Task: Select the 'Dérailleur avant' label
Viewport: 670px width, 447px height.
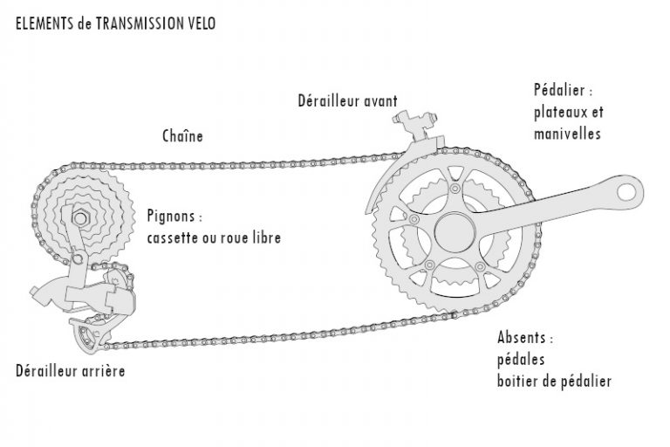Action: pyautogui.click(x=347, y=101)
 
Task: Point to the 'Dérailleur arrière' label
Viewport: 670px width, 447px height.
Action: pyautogui.click(x=70, y=371)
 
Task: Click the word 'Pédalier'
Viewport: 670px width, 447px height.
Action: pyautogui.click(x=562, y=90)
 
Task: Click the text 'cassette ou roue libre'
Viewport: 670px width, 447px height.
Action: pyautogui.click(x=214, y=237)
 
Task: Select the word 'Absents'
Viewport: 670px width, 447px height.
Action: pyautogui.click(x=525, y=338)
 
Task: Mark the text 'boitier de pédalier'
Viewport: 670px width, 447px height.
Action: pyautogui.click(x=554, y=381)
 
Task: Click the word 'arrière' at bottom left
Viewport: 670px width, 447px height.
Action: pyautogui.click(x=103, y=371)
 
